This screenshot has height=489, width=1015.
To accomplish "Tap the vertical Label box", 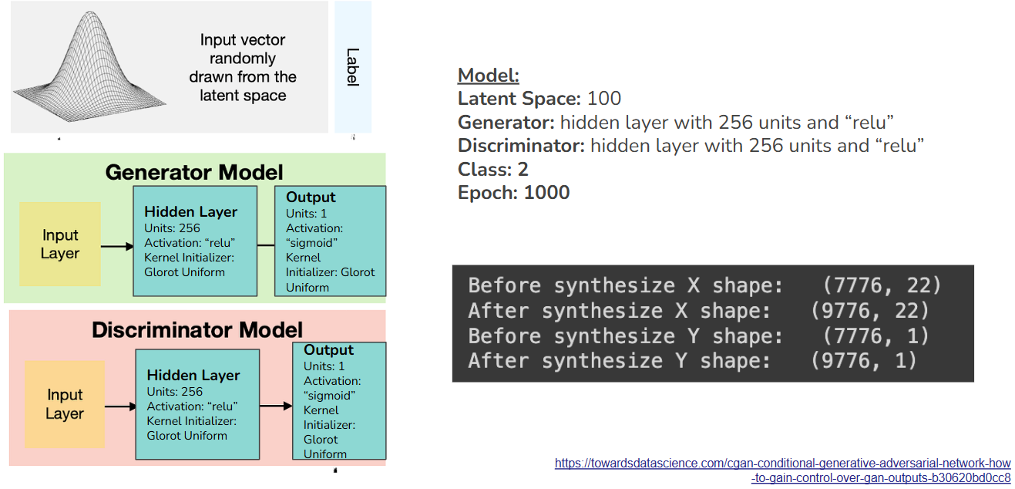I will (x=353, y=67).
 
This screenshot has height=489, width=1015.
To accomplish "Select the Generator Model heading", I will (x=194, y=172).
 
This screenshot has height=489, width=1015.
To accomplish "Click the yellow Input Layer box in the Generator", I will (x=60, y=244).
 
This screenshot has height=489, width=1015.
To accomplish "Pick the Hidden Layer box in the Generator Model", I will (x=194, y=241).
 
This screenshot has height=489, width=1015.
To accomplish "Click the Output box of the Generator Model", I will (x=330, y=241).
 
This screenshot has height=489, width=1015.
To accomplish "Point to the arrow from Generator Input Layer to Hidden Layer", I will (x=117, y=247).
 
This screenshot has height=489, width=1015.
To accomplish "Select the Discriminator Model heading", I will (x=197, y=330).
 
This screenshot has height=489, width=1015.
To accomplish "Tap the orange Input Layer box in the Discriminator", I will (x=65, y=404).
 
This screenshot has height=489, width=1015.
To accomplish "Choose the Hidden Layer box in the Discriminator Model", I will (x=197, y=404).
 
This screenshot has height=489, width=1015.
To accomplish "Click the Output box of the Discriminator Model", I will (x=338, y=401).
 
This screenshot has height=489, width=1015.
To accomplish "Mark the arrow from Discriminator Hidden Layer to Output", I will (x=275, y=405).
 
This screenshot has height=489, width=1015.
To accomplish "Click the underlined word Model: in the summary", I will (x=489, y=76).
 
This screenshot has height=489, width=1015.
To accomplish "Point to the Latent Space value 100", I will (x=604, y=99).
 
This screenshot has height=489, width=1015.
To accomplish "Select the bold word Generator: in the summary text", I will (x=506, y=123).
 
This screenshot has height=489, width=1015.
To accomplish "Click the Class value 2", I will (x=523, y=170).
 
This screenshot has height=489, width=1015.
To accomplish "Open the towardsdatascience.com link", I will (x=782, y=470).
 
